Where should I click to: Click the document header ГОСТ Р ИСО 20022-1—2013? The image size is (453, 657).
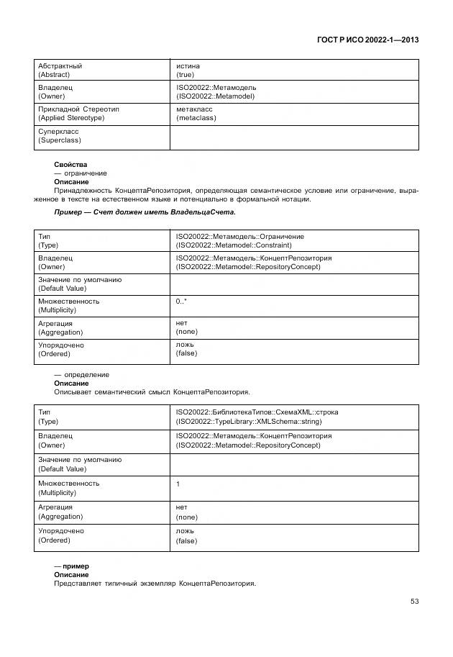[367, 40]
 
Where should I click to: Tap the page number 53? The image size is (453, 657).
[414, 601]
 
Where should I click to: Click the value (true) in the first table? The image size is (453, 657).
[186, 75]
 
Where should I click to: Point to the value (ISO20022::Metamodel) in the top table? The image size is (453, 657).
[215, 96]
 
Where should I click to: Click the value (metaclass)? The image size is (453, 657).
[196, 118]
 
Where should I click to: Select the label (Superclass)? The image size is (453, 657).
[59, 140]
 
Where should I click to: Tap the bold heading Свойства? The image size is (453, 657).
[70, 165]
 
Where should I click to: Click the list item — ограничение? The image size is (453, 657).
[81, 173]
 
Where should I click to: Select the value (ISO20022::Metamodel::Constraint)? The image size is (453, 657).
[234, 245]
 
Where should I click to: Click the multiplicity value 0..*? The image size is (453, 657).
[182, 302]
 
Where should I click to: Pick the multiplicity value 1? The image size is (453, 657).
[178, 484]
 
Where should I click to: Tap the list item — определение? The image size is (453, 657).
[82, 375]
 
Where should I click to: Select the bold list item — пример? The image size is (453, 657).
[71, 566]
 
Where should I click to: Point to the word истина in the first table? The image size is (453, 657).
[188, 66]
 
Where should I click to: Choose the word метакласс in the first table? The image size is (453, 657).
[194, 109]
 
